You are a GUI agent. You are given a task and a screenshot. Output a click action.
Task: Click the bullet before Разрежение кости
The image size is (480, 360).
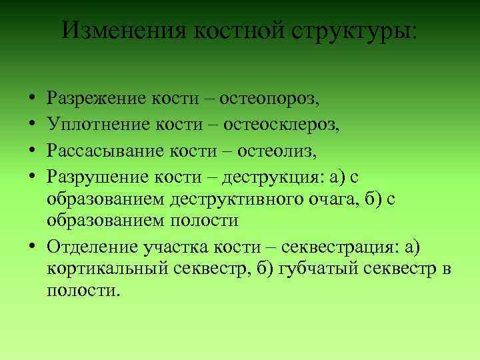click(33, 101)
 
